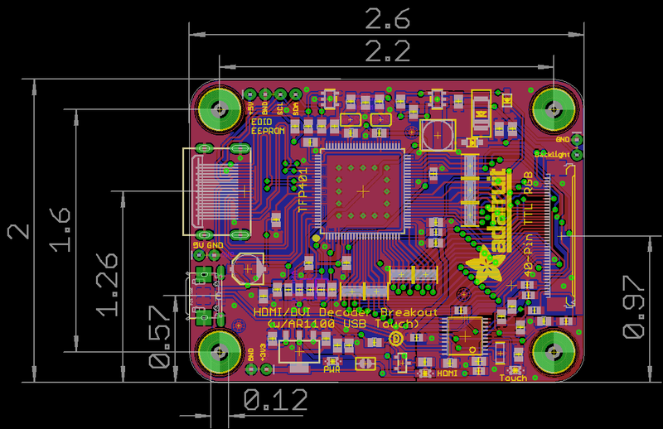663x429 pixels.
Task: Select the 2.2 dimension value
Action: pos(386,52)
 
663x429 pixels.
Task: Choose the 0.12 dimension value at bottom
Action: pos(275,401)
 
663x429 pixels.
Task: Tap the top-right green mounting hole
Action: pos(553,108)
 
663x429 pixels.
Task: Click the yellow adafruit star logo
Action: pos(485,267)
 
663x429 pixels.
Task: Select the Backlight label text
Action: pos(551,154)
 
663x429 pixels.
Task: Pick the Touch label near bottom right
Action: pos(513,378)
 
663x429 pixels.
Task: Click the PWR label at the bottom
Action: pos(331,370)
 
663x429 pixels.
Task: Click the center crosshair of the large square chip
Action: pos(363,190)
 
